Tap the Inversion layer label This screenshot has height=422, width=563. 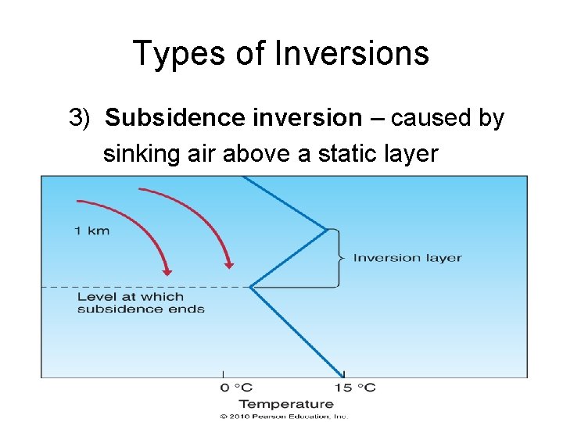[407, 258]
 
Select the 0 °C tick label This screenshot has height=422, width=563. [235, 388]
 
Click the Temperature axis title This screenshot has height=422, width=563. [286, 403]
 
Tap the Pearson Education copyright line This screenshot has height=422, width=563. [283, 417]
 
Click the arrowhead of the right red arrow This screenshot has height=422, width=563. [229, 264]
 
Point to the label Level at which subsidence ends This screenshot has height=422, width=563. [141, 302]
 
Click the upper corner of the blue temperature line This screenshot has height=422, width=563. [327, 230]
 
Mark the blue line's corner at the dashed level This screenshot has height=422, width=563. [250, 287]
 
